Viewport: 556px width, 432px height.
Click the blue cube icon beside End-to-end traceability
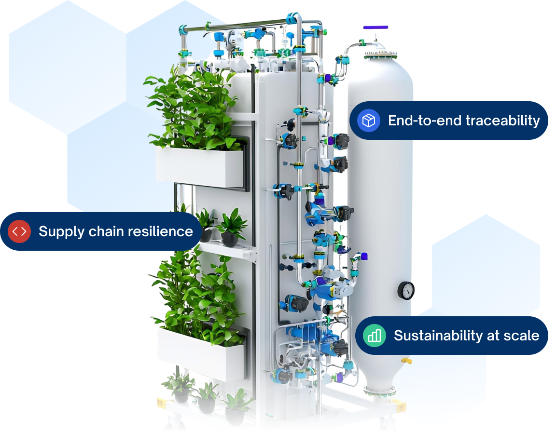369,121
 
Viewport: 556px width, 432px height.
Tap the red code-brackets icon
19,231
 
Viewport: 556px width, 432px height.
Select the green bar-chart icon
375,336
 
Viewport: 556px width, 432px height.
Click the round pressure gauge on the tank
406,290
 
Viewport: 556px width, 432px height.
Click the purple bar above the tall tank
375,27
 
